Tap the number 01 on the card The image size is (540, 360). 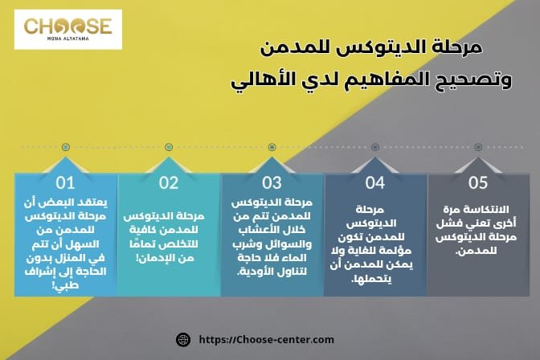64,182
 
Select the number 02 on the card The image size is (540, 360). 168,182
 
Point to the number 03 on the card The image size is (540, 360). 272,182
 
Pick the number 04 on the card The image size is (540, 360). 375,182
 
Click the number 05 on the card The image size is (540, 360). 478,182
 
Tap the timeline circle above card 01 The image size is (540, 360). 64,147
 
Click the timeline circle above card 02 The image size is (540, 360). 168,147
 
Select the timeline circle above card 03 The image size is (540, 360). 272,147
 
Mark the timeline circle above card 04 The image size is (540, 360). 375,147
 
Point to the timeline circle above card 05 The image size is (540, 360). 478,147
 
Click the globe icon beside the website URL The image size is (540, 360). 182,340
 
